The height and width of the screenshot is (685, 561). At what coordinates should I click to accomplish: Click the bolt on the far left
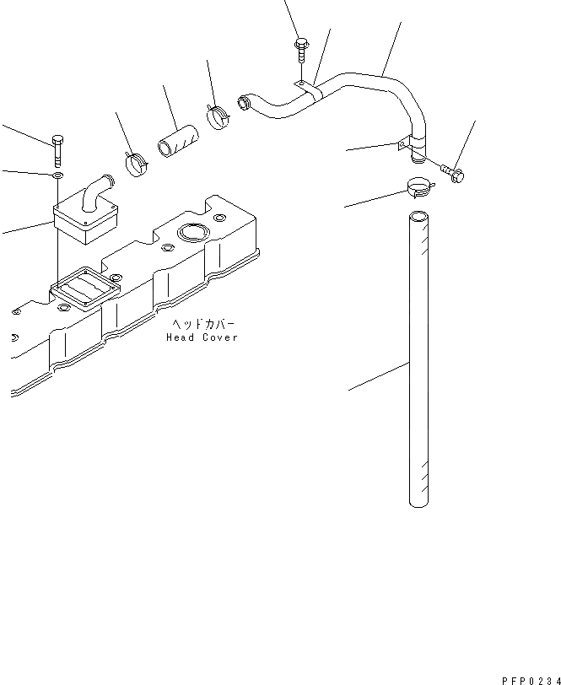tap(57, 149)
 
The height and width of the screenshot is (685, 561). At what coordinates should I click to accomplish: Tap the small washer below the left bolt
tap(57, 175)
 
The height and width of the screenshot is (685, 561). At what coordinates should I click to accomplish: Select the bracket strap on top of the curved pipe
tap(308, 89)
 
